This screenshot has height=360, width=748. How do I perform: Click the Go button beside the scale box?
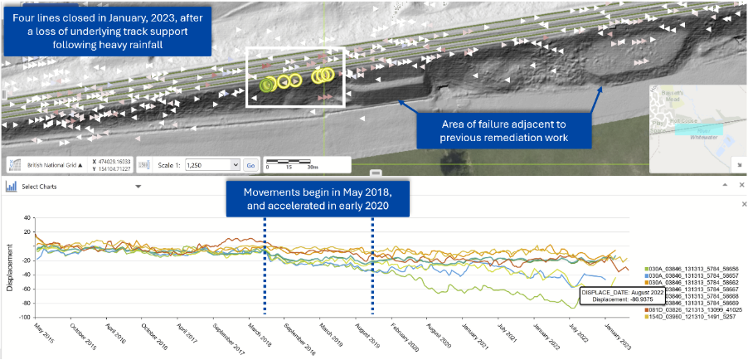tap(250, 165)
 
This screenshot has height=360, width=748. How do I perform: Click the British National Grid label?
tap(49, 165)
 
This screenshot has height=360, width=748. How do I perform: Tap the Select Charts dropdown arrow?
tap(138, 187)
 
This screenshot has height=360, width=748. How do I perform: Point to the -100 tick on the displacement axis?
tap(26, 317)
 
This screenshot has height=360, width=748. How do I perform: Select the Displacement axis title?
tap(10, 268)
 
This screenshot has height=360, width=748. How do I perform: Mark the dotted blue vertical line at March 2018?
tap(265, 265)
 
